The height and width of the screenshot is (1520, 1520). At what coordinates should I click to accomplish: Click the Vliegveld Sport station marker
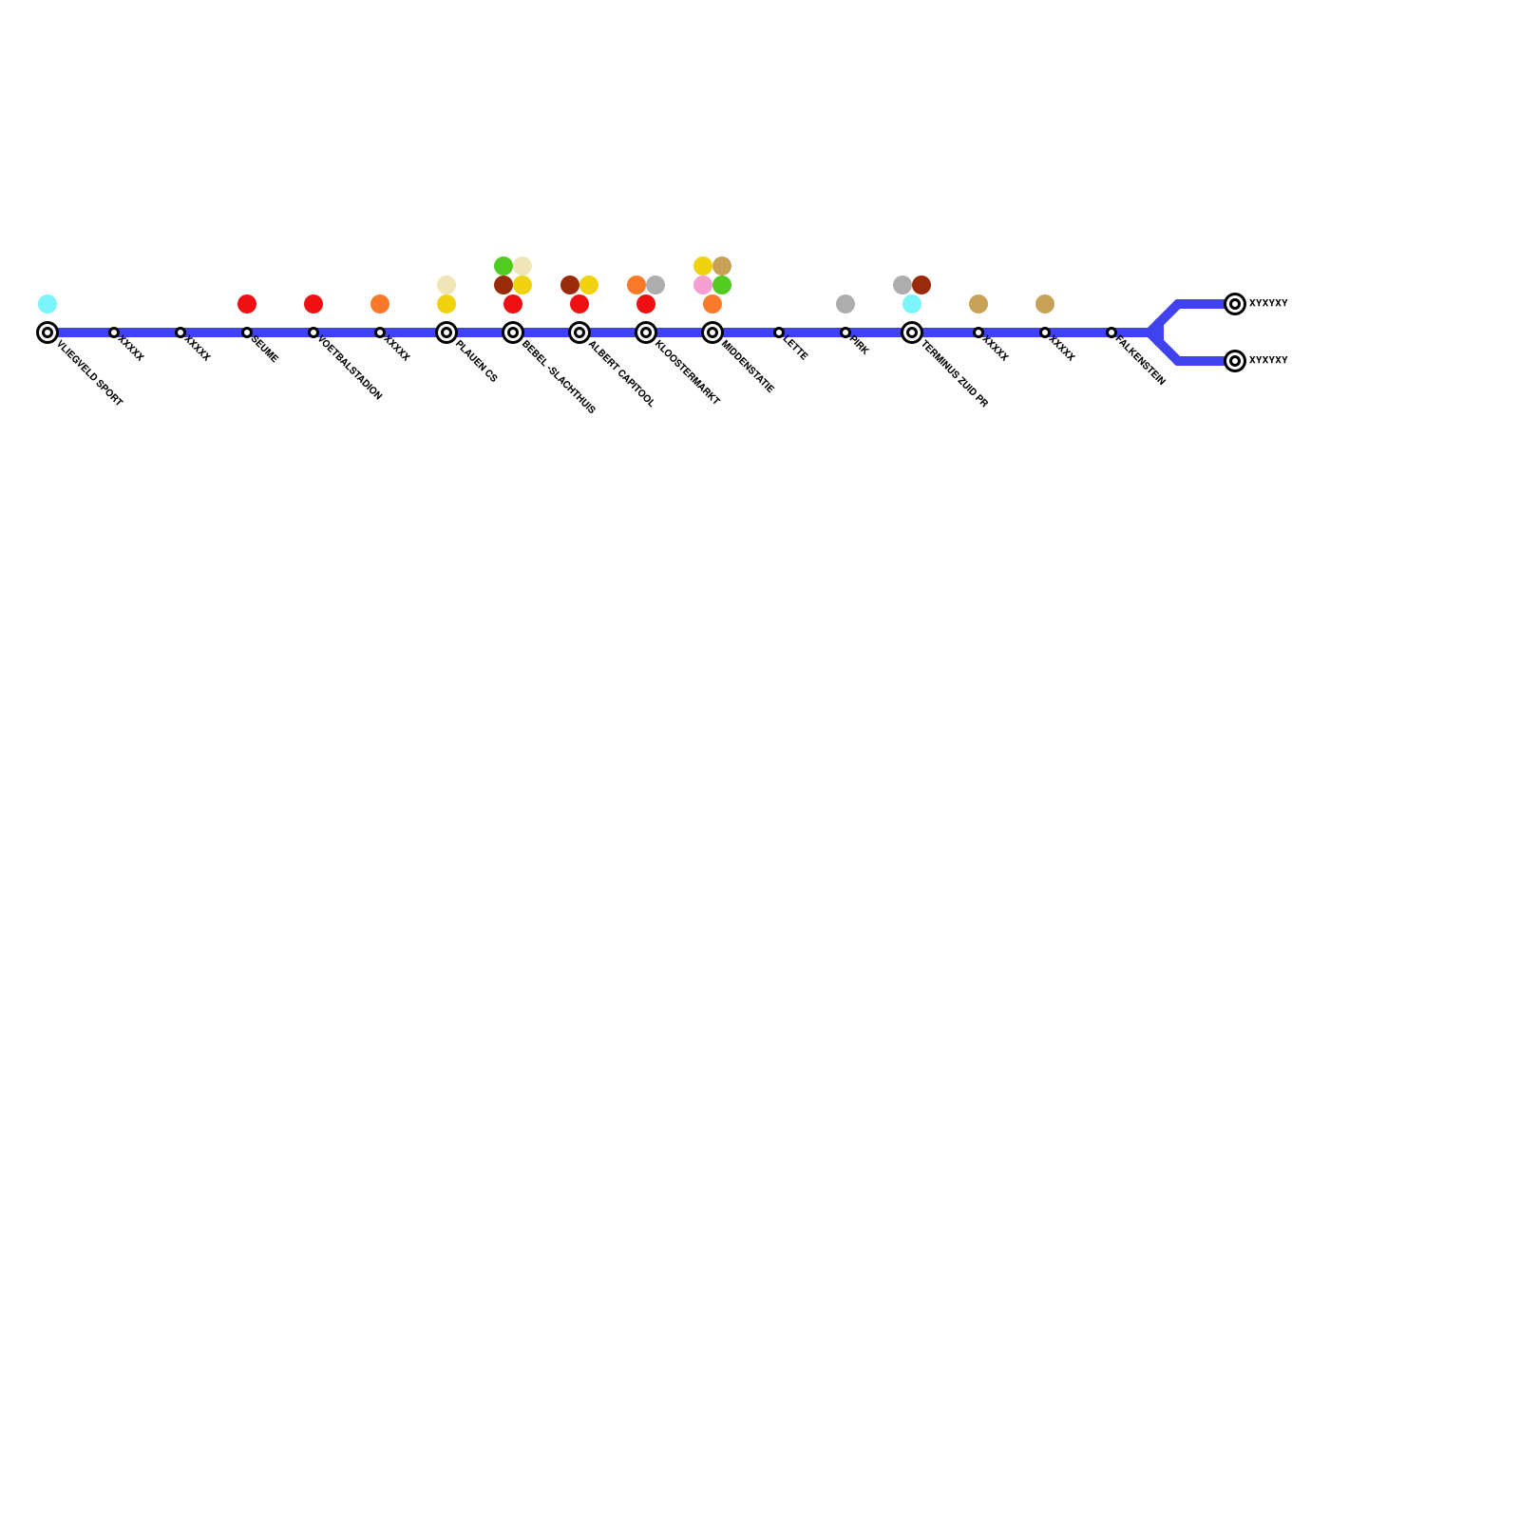[47, 332]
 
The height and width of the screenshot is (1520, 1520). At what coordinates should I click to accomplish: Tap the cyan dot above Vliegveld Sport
[47, 304]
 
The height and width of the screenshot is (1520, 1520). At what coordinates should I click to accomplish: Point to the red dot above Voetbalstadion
[313, 304]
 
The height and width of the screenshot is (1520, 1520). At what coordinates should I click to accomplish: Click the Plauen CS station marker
[446, 332]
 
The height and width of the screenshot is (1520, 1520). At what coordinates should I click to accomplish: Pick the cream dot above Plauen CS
[446, 285]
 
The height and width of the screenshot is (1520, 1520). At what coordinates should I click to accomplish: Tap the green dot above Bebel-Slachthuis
[503, 266]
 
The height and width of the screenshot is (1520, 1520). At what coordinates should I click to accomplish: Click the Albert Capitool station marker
[579, 332]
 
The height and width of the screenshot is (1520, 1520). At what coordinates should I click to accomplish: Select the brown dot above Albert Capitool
[570, 285]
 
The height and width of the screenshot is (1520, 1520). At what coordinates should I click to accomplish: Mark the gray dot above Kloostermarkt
[655, 285]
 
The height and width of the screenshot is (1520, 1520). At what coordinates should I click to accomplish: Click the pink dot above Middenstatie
[703, 285]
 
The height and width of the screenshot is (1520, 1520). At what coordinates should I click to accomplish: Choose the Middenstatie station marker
[712, 332]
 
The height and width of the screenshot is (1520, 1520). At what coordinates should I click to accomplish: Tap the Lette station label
[795, 350]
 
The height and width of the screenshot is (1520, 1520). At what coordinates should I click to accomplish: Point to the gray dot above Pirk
[845, 304]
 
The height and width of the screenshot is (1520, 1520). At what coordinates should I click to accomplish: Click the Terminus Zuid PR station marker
[912, 332]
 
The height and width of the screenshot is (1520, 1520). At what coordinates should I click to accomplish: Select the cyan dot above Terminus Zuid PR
[912, 304]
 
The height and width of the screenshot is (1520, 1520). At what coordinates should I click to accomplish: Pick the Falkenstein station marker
[1111, 332]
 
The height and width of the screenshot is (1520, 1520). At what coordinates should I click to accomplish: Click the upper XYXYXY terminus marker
[1235, 304]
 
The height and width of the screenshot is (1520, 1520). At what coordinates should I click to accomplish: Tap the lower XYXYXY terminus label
[1268, 361]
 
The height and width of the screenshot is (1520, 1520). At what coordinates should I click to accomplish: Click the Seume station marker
[247, 332]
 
